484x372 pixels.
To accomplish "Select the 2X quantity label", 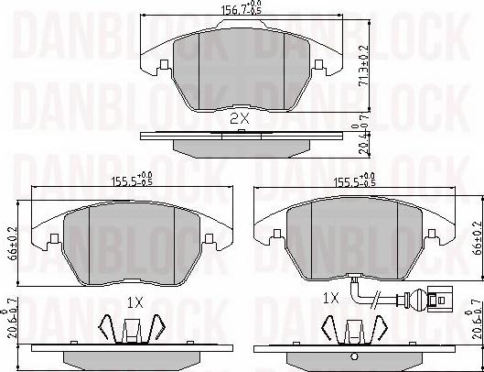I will click(x=239, y=119).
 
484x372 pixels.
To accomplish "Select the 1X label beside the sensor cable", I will click(x=331, y=298).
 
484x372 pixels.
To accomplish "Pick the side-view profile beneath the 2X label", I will click(x=240, y=142).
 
